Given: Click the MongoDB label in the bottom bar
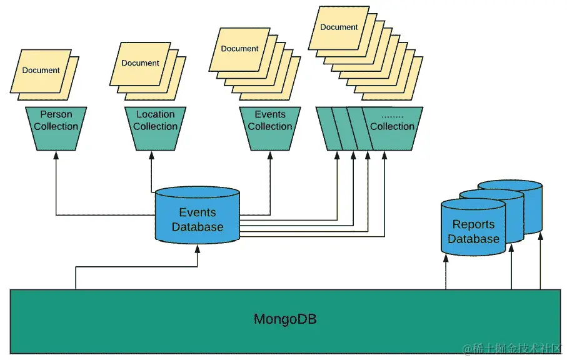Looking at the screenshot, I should pyautogui.click(x=284, y=319).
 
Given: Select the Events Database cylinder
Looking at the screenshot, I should pyautogui.click(x=198, y=216).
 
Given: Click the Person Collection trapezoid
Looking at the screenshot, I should pyautogui.click(x=56, y=127).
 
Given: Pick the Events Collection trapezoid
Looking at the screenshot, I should pyautogui.click(x=270, y=127).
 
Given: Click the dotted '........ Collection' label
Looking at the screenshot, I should pyautogui.click(x=392, y=121).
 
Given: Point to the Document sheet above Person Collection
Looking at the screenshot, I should pyautogui.click(x=41, y=71).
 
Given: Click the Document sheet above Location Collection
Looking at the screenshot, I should pyautogui.click(x=140, y=63).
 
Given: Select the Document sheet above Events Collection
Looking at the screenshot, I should pyautogui.click(x=239, y=49).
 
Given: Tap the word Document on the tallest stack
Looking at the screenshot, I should pyautogui.click(x=339, y=27).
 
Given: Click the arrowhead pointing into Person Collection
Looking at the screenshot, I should pyautogui.click(x=56, y=155).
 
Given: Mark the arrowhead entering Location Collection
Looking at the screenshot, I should pyautogui.click(x=151, y=155).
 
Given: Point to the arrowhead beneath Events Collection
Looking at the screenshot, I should pyautogui.click(x=270, y=155).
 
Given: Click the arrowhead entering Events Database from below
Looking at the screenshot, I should pyautogui.click(x=198, y=247).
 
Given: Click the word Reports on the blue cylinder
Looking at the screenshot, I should pyautogui.click(x=473, y=224).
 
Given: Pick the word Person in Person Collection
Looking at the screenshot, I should pyautogui.click(x=56, y=114).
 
